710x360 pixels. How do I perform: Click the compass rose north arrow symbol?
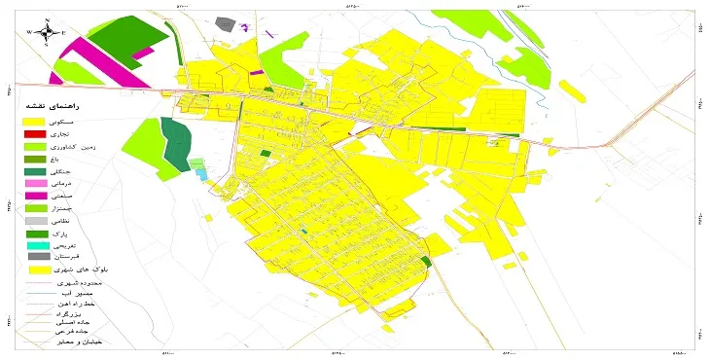click(x=47, y=31)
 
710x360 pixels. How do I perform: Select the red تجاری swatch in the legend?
click(x=36, y=133)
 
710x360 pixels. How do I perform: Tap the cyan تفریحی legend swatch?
click(x=36, y=247)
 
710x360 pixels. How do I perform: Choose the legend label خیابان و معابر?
click(x=82, y=342)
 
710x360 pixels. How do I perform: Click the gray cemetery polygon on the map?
click(x=226, y=21)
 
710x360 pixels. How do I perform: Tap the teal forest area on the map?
click(x=176, y=143)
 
